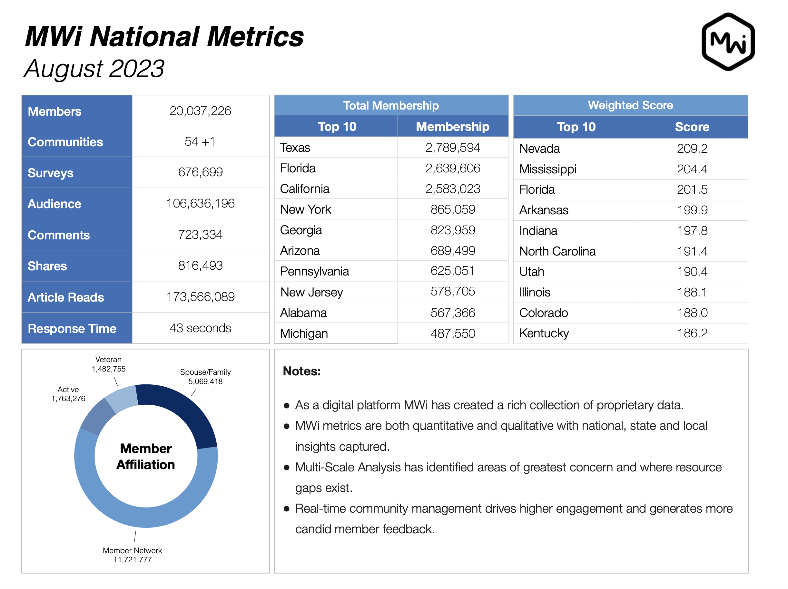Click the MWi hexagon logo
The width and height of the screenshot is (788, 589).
click(728, 42)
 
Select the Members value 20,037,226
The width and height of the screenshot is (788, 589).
click(200, 111)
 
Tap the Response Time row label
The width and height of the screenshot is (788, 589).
click(72, 328)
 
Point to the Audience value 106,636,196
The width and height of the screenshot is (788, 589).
click(200, 203)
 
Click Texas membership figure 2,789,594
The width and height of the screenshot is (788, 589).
click(452, 148)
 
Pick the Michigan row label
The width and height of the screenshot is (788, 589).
click(304, 333)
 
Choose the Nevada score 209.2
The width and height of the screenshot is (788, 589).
click(692, 149)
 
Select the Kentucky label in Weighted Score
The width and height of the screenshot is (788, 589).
click(544, 333)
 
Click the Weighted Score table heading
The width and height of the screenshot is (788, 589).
click(630, 105)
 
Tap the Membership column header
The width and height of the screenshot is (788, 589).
click(452, 126)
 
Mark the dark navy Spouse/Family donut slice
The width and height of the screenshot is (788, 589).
click(185, 413)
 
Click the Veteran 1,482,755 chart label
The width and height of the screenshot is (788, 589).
click(109, 364)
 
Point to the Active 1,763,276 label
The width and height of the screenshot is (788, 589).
click(68, 394)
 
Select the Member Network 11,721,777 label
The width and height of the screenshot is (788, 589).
click(132, 555)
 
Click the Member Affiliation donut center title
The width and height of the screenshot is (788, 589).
click(146, 456)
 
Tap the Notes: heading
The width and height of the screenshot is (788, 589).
click(301, 371)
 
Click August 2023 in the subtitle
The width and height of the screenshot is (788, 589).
click(94, 68)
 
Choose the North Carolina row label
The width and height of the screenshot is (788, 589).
click(557, 251)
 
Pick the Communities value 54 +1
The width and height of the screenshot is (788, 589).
click(200, 142)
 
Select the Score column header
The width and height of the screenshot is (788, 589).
click(692, 127)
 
